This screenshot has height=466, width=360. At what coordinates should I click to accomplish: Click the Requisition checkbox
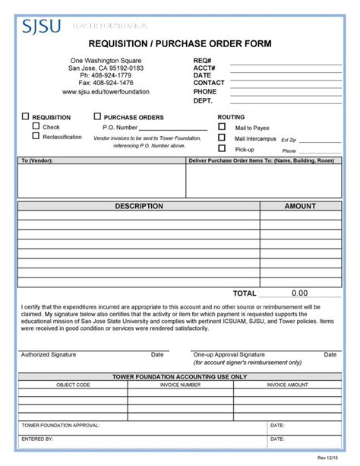[25, 117]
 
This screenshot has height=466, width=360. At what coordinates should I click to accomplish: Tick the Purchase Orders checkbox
[97, 117]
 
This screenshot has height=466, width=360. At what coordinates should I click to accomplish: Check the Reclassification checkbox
[36, 137]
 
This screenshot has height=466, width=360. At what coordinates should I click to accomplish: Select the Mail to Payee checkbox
[222, 127]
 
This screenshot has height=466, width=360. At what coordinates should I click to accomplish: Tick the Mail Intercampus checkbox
[222, 138]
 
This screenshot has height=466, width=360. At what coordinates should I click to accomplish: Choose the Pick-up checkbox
[222, 149]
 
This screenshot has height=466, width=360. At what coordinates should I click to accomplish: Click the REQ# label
[202, 59]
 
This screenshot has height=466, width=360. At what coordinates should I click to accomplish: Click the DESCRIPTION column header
[138, 206]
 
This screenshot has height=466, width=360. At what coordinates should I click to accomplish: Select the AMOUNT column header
[299, 206]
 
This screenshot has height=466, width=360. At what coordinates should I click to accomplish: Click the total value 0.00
[299, 293]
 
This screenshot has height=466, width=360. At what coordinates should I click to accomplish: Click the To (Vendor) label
[36, 161]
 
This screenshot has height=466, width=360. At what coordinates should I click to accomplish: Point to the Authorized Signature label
[48, 354]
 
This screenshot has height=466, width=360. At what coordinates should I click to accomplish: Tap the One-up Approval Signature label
[229, 354]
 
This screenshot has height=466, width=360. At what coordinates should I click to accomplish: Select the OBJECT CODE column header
[73, 385]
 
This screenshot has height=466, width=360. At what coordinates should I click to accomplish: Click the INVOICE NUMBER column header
[180, 385]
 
